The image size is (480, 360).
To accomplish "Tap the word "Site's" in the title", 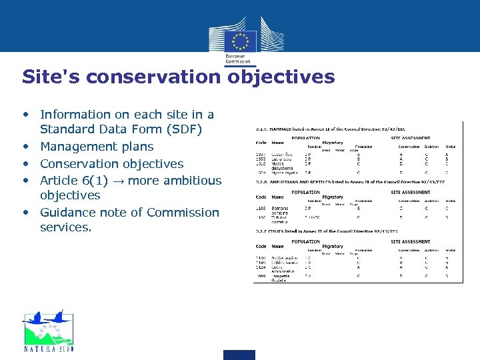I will pos(51,77).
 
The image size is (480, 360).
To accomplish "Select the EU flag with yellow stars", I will pos(239,40).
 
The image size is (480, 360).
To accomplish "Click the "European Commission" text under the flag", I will pos(239,60).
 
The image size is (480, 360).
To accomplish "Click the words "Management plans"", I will pos(97,147).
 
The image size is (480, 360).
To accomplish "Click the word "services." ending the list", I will pos(66,228).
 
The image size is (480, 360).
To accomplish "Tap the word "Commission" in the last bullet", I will pos(183,213).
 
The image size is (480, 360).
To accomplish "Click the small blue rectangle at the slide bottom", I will pos(239,354).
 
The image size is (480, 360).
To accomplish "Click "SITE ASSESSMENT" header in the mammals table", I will pos(410,138).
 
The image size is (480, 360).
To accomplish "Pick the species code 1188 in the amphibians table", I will pos(260,207).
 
